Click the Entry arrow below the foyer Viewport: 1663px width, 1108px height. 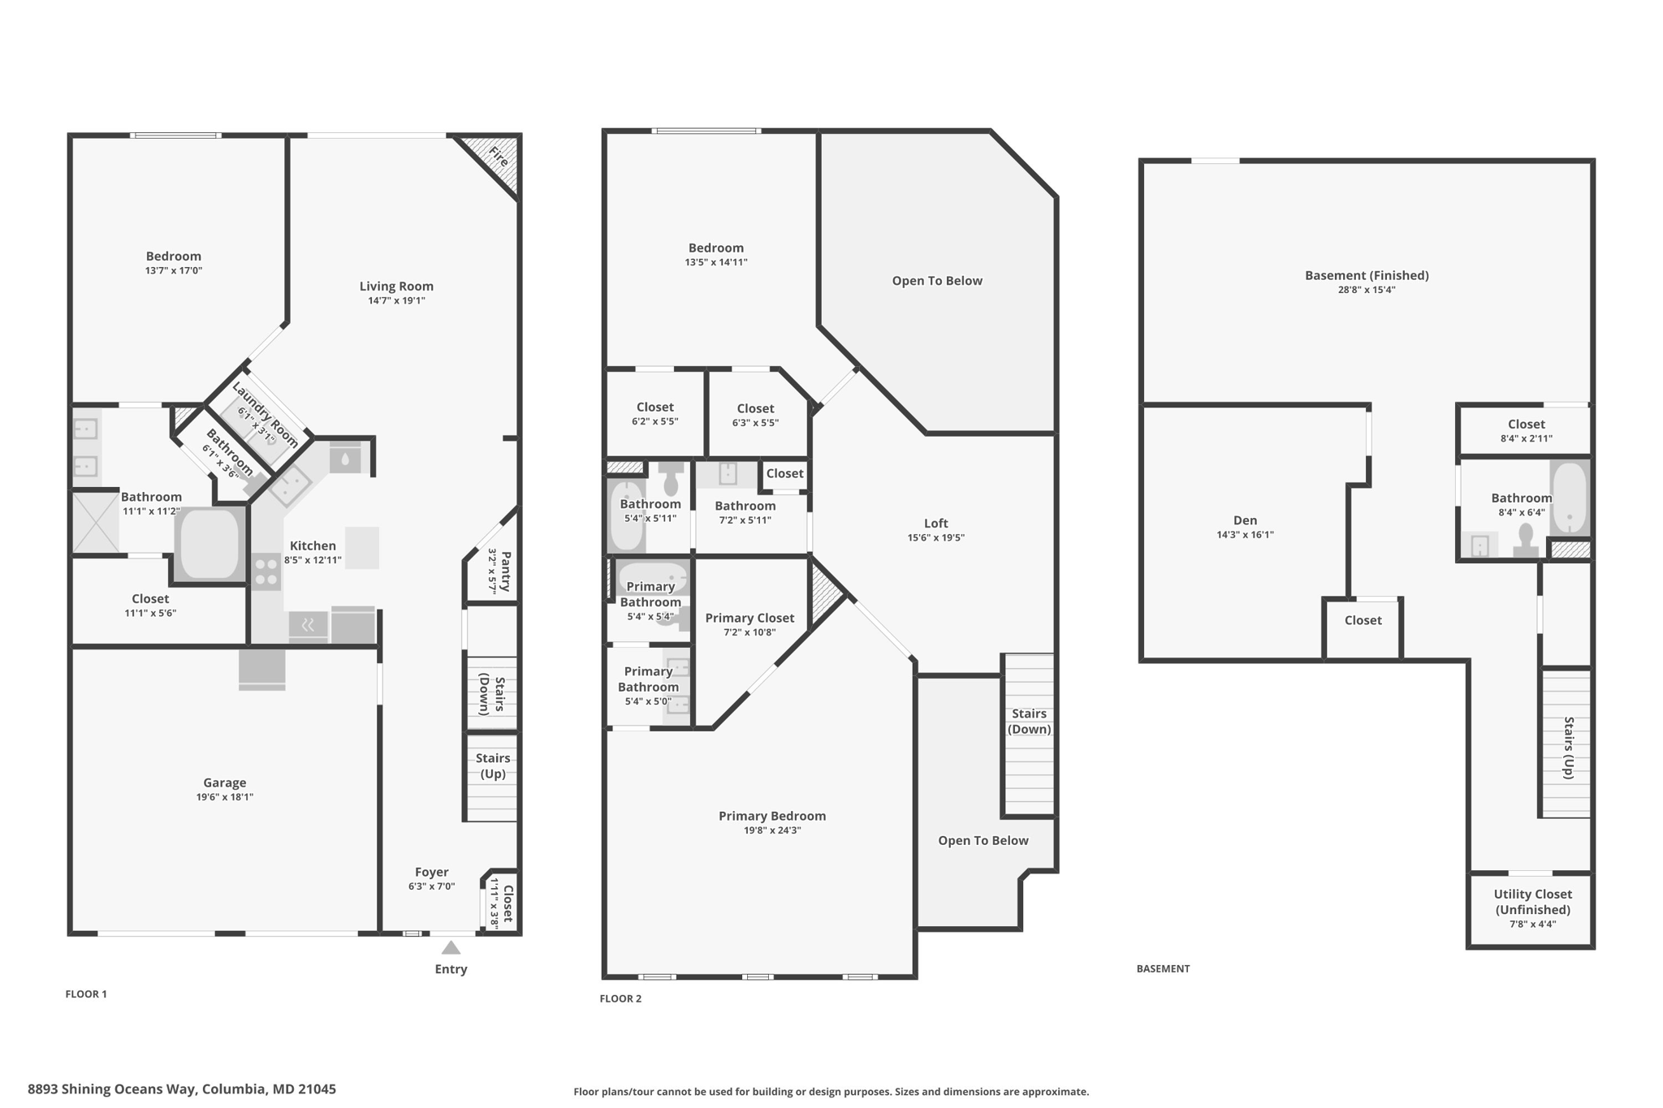[451, 947]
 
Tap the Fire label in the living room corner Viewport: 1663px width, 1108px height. [499, 157]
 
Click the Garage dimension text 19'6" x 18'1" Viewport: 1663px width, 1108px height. [225, 797]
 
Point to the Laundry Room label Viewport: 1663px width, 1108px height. [265, 415]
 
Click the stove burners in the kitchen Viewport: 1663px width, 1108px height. [266, 571]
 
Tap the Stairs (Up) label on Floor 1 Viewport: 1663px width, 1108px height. [493, 765]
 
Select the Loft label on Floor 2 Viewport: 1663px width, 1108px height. [935, 524]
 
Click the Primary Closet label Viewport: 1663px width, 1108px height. [749, 618]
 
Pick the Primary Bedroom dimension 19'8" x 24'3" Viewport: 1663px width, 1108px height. [772, 830]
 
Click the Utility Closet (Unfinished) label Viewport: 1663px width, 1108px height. [1533, 902]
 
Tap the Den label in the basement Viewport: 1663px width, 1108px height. [1245, 520]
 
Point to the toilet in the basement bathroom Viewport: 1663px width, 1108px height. [1526, 541]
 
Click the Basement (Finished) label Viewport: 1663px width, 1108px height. [1367, 275]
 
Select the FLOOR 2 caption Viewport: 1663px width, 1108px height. [620, 998]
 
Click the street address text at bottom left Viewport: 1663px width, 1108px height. [182, 1089]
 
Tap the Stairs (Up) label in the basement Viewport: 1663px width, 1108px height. [1569, 748]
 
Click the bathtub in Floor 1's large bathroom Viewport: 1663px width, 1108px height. [209, 543]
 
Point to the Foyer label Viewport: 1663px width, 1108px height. [431, 872]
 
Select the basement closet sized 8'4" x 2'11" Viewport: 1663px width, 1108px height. [1526, 430]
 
